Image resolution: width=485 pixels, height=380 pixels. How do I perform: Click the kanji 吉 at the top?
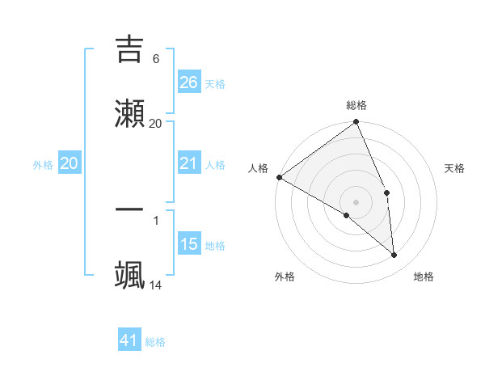pyautogui.click(x=130, y=50)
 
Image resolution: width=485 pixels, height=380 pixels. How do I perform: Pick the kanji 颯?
pyautogui.click(x=130, y=273)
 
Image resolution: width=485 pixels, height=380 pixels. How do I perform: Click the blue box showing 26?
pyautogui.click(x=189, y=82)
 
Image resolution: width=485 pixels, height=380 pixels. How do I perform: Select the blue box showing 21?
pyautogui.click(x=189, y=163)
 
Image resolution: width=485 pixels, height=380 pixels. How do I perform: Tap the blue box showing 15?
pyautogui.click(x=189, y=244)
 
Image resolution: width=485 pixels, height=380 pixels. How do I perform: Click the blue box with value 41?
pyautogui.click(x=130, y=340)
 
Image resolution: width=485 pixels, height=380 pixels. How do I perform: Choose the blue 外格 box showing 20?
pyautogui.click(x=70, y=163)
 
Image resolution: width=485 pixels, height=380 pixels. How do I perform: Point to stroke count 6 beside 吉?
pyautogui.click(x=156, y=58)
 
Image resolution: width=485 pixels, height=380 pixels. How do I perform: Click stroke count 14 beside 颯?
pyautogui.click(x=156, y=285)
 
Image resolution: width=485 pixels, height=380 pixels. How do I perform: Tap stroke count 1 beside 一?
pyautogui.click(x=156, y=219)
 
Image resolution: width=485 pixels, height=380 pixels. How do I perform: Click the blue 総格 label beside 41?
pyautogui.click(x=155, y=342)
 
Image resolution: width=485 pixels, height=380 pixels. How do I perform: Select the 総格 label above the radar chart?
pyautogui.click(x=356, y=105)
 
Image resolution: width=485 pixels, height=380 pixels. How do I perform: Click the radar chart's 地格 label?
pyautogui.click(x=424, y=277)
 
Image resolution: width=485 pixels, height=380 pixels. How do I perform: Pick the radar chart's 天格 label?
pyautogui.click(x=454, y=168)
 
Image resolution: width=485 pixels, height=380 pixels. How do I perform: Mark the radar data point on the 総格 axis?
pyautogui.click(x=356, y=123)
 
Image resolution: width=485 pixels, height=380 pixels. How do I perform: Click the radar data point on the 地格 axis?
pyautogui.click(x=394, y=255)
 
